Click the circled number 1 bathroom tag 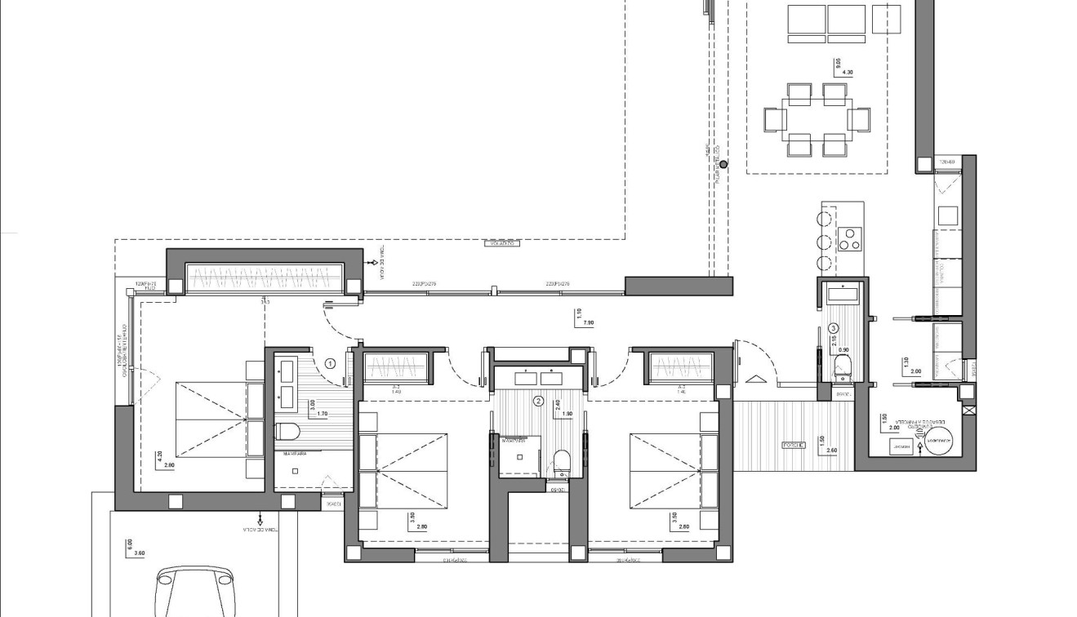pyautogui.click(x=331, y=363)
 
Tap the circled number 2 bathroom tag pyautogui.click(x=538, y=401)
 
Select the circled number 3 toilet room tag pyautogui.click(x=833, y=328)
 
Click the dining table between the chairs pyautogui.click(x=817, y=120)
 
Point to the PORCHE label pyautogui.click(x=793, y=446)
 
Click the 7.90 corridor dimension pyautogui.click(x=588, y=324)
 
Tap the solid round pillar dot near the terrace pyautogui.click(x=723, y=165)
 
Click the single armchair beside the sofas pyautogui.click(x=886, y=18)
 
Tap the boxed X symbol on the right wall pyautogui.click(x=968, y=411)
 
